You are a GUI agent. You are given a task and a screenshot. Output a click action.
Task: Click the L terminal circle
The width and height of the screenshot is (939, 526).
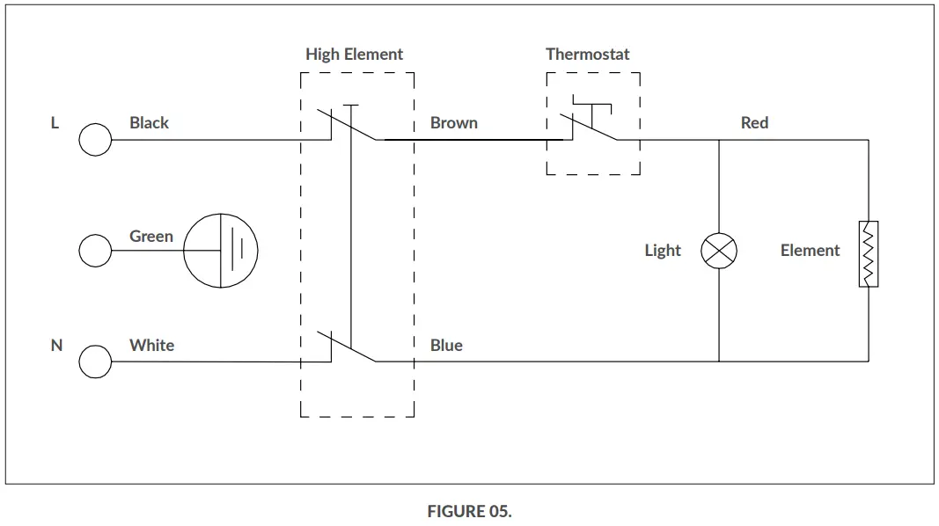(x=95, y=140)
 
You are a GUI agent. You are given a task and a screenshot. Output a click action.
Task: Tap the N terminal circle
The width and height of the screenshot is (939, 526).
(x=95, y=362)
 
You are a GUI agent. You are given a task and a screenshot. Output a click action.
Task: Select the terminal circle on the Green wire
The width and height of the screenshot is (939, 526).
(x=95, y=251)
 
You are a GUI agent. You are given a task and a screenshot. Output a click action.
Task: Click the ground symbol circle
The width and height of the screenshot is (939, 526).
(x=220, y=251)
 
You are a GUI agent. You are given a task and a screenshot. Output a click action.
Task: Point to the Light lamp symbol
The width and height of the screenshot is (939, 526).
(x=719, y=251)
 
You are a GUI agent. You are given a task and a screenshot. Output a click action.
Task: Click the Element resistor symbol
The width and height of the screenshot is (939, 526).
(x=869, y=253)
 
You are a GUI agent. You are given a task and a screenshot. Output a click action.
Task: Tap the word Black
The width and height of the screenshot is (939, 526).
(x=149, y=122)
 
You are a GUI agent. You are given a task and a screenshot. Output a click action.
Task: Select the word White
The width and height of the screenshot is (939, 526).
(x=151, y=345)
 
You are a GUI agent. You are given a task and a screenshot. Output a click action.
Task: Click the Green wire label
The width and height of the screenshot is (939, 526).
(x=151, y=236)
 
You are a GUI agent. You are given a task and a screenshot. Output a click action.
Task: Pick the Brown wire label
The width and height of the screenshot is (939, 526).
(x=453, y=122)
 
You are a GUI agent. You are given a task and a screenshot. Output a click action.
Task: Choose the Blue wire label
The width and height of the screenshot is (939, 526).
(x=446, y=345)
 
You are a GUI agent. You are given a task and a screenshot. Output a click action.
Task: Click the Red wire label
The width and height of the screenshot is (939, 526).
(x=754, y=122)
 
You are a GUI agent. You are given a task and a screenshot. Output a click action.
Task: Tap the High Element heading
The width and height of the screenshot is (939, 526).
(x=354, y=54)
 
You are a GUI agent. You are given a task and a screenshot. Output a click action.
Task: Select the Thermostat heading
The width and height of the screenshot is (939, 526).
(x=587, y=54)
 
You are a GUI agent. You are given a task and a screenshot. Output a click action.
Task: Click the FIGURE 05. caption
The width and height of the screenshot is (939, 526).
(x=469, y=511)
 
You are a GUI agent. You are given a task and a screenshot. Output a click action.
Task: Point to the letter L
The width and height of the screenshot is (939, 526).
(x=55, y=122)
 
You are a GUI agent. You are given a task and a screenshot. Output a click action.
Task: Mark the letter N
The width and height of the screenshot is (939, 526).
(x=56, y=345)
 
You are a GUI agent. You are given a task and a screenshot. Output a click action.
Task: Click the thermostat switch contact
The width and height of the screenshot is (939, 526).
(x=591, y=127)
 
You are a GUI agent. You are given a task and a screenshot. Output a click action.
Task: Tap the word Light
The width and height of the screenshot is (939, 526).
(x=662, y=251)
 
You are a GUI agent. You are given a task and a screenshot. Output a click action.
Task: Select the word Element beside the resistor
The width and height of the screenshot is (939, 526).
(x=810, y=251)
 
